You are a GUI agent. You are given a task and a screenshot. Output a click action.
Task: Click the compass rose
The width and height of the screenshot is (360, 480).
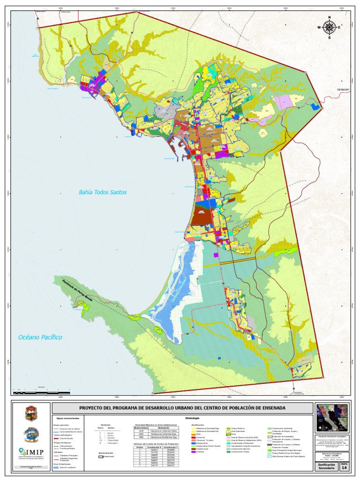tap(329, 27)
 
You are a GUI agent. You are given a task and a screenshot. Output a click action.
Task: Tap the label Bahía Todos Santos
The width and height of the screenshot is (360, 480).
tap(102, 192)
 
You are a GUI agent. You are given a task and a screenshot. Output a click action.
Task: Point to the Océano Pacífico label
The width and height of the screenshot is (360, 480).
tap(40, 337)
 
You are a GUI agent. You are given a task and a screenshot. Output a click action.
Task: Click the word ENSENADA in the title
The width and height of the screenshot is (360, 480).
tap(269, 408)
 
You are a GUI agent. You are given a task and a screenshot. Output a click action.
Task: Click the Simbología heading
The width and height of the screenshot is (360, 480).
tap(192, 418)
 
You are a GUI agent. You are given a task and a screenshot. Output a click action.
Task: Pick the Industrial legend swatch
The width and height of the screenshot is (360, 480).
tap(193, 452)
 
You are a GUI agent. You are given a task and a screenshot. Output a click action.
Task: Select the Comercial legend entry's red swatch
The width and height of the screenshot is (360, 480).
tap(193, 437)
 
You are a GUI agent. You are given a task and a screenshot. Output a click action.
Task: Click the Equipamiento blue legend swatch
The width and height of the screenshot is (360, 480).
tap(193, 443)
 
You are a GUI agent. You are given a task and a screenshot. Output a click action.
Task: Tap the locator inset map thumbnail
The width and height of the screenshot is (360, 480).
tap(332, 418)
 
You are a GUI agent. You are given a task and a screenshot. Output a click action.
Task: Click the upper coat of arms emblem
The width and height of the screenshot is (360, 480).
tap(31, 413)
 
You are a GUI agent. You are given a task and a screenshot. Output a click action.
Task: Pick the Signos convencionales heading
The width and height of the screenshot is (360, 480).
tap(68, 418)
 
